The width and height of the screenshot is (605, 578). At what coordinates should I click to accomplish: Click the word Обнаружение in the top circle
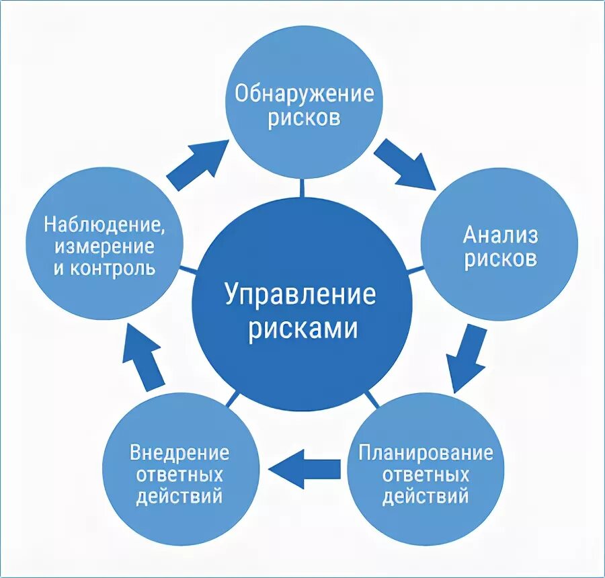[x=304, y=93]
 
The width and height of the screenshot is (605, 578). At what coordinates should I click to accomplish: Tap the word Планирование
[x=426, y=452]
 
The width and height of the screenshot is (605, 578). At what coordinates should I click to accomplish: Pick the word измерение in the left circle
[x=105, y=246]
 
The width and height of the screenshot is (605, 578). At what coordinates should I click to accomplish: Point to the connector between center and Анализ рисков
[x=416, y=271]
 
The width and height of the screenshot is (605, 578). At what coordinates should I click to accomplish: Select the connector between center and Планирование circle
[x=371, y=400]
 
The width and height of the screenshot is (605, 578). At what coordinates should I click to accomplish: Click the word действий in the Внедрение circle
[x=179, y=497]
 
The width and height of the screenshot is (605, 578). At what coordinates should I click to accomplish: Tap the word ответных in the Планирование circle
[x=426, y=474]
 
